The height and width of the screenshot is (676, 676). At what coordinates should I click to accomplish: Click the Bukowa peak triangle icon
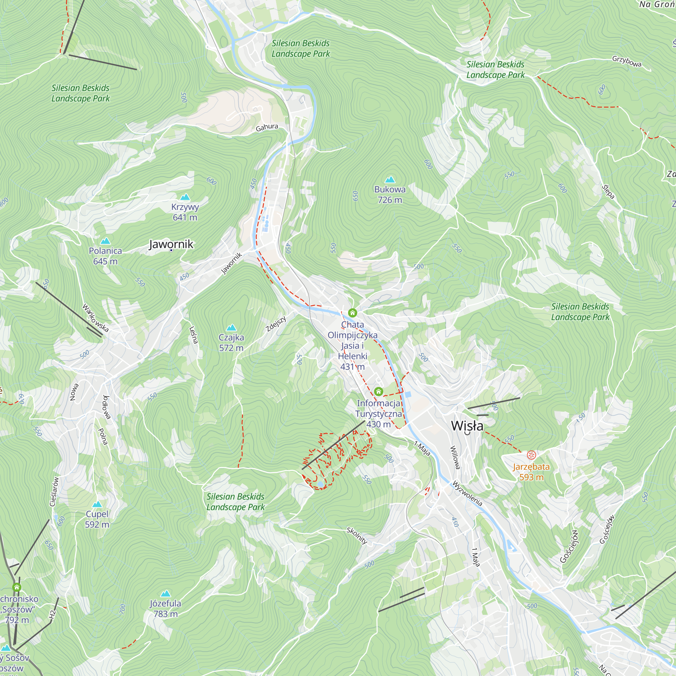click(x=390, y=180)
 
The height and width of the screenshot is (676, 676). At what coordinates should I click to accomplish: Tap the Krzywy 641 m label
click(x=185, y=212)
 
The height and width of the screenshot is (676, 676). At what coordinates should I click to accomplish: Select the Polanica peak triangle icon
click(x=105, y=241)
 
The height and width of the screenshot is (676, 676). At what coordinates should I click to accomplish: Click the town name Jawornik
click(x=171, y=244)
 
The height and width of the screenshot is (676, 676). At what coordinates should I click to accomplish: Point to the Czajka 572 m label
click(x=231, y=342)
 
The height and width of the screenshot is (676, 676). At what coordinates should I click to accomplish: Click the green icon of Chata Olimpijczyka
click(x=352, y=312)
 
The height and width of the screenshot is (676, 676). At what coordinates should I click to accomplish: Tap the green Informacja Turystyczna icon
click(x=378, y=391)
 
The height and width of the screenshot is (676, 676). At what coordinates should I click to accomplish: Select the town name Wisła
click(x=467, y=426)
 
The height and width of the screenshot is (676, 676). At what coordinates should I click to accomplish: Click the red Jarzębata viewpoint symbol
click(x=531, y=455)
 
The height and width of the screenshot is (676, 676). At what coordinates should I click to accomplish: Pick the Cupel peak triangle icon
click(x=97, y=504)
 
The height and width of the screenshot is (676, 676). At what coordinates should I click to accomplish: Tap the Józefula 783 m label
click(x=165, y=608)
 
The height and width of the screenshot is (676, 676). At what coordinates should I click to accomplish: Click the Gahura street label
click(x=267, y=127)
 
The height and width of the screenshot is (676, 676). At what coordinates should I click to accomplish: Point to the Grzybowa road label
click(x=627, y=61)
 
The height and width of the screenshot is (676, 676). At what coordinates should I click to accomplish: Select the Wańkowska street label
click(x=95, y=318)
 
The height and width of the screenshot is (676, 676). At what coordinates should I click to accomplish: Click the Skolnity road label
click(x=357, y=536)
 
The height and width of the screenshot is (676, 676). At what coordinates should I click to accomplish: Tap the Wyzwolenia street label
click(x=467, y=494)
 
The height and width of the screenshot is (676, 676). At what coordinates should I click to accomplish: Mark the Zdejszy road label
click(x=276, y=324)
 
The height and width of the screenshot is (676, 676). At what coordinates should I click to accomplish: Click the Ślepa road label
click(x=608, y=192)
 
